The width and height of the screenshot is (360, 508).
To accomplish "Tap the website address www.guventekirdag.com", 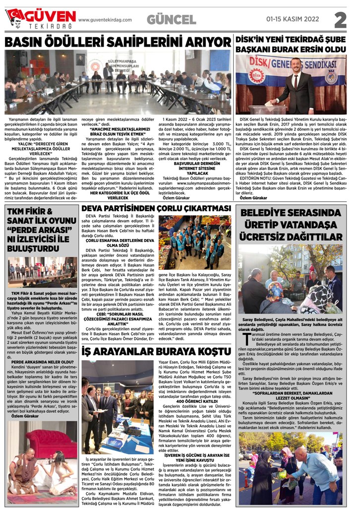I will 105,20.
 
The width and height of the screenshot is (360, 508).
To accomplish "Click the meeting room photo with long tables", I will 118,82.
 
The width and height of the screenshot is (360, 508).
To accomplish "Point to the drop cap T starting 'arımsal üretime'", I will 245,339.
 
